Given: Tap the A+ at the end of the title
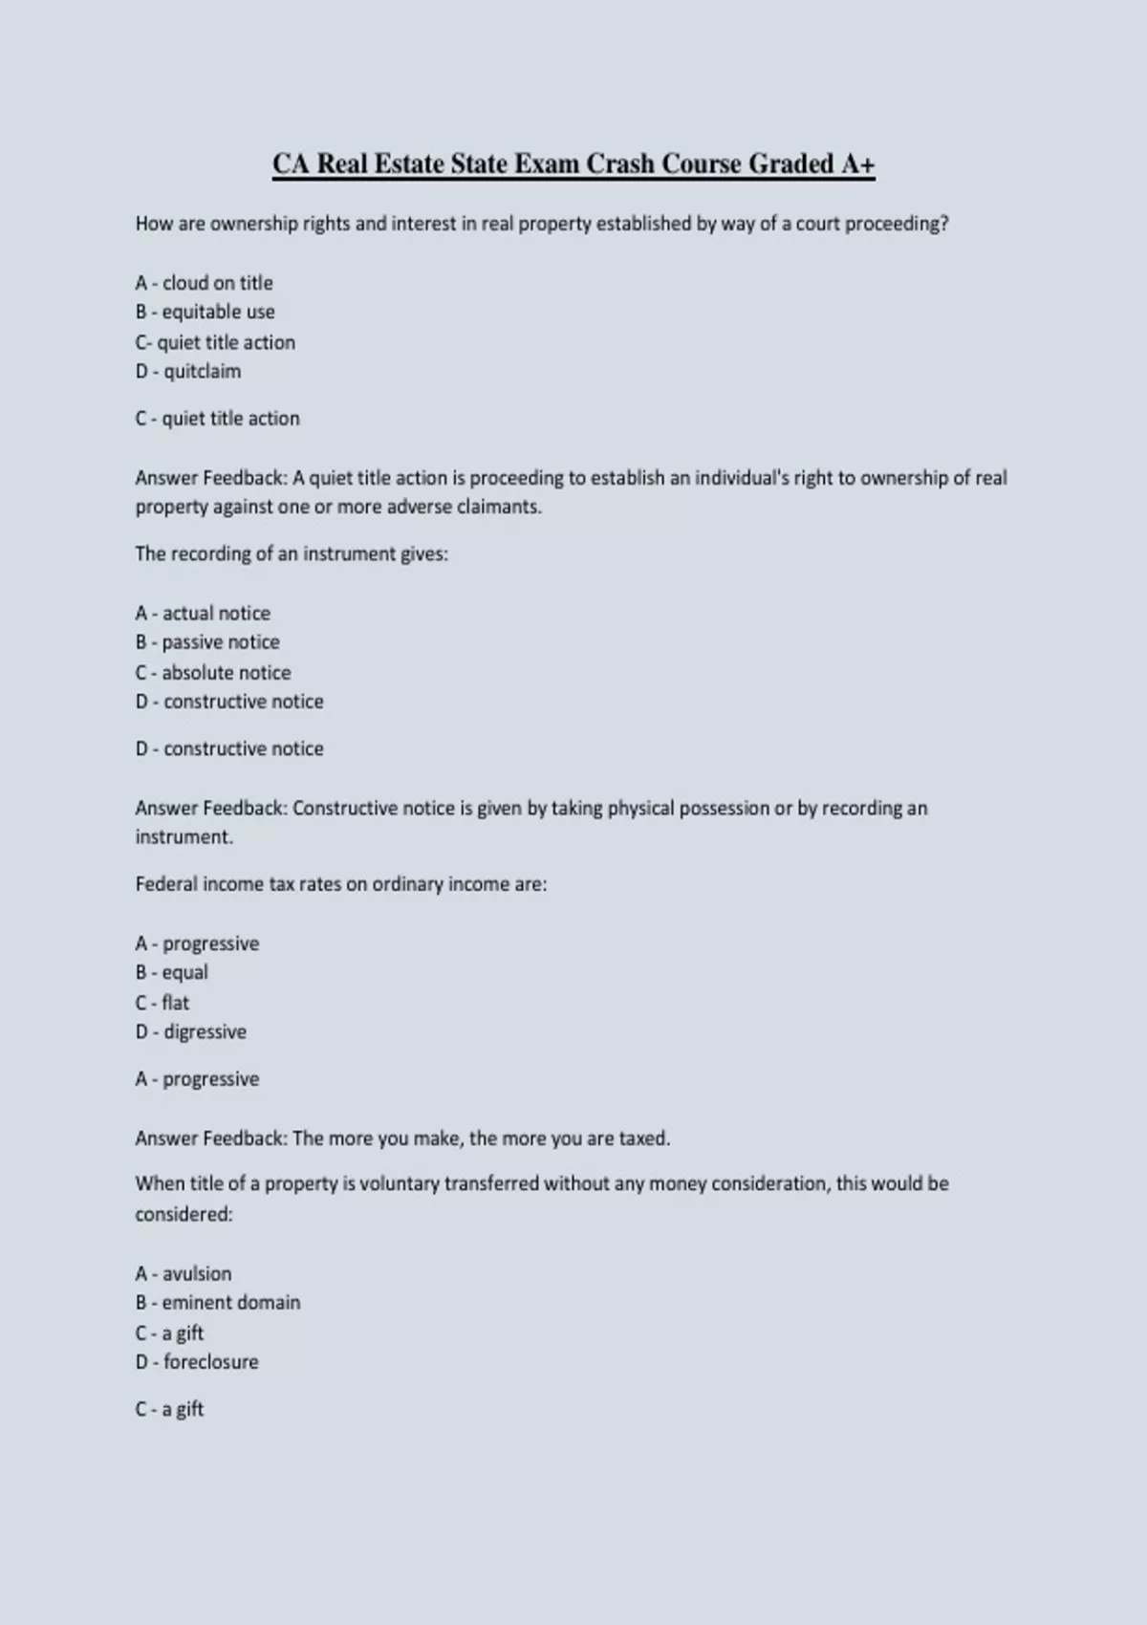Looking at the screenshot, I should [857, 164].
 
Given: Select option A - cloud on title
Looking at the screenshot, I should [204, 283].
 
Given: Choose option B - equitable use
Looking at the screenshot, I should [205, 312].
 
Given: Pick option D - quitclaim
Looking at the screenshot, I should [187, 371].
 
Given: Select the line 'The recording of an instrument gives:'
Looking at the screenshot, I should [292, 553].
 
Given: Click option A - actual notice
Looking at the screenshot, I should [203, 613].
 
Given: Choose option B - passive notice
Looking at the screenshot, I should [207, 642].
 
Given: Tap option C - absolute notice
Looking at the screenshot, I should [212, 672].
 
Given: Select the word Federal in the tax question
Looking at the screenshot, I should [166, 884].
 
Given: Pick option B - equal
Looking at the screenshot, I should [171, 972].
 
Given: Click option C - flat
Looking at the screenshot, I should [162, 1003].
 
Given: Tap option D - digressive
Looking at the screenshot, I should [190, 1031].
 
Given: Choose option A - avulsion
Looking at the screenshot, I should [183, 1273].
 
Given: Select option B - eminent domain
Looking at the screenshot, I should [217, 1302].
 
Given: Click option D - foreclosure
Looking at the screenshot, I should [196, 1361].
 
